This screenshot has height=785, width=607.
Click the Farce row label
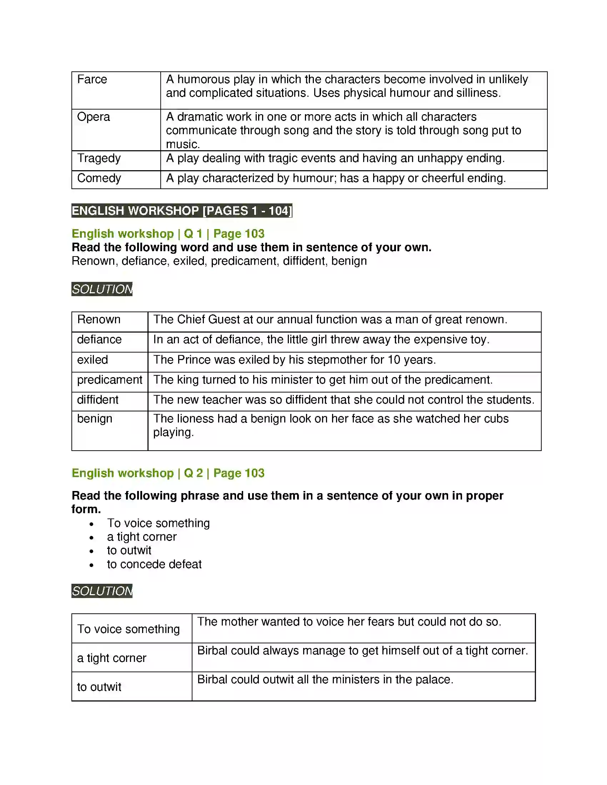92,80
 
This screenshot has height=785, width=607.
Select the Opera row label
94,117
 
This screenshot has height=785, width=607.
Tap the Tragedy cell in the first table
99,158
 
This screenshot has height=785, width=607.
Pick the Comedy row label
99,178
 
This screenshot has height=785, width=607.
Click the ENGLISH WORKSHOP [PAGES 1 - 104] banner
182,211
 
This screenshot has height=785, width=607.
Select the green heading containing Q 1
168,234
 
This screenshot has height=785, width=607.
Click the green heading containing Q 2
168,473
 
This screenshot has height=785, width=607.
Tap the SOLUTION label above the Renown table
102,289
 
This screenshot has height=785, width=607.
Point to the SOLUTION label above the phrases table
102,591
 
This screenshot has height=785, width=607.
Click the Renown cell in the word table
99,320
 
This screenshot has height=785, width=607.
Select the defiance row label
99,340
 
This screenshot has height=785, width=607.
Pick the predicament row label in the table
109,380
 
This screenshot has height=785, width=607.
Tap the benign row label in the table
95,419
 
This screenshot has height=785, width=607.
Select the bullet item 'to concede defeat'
154,564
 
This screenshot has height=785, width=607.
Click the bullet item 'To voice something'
158,523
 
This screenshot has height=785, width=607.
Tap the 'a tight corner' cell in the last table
111,658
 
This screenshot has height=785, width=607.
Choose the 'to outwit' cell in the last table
99,687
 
